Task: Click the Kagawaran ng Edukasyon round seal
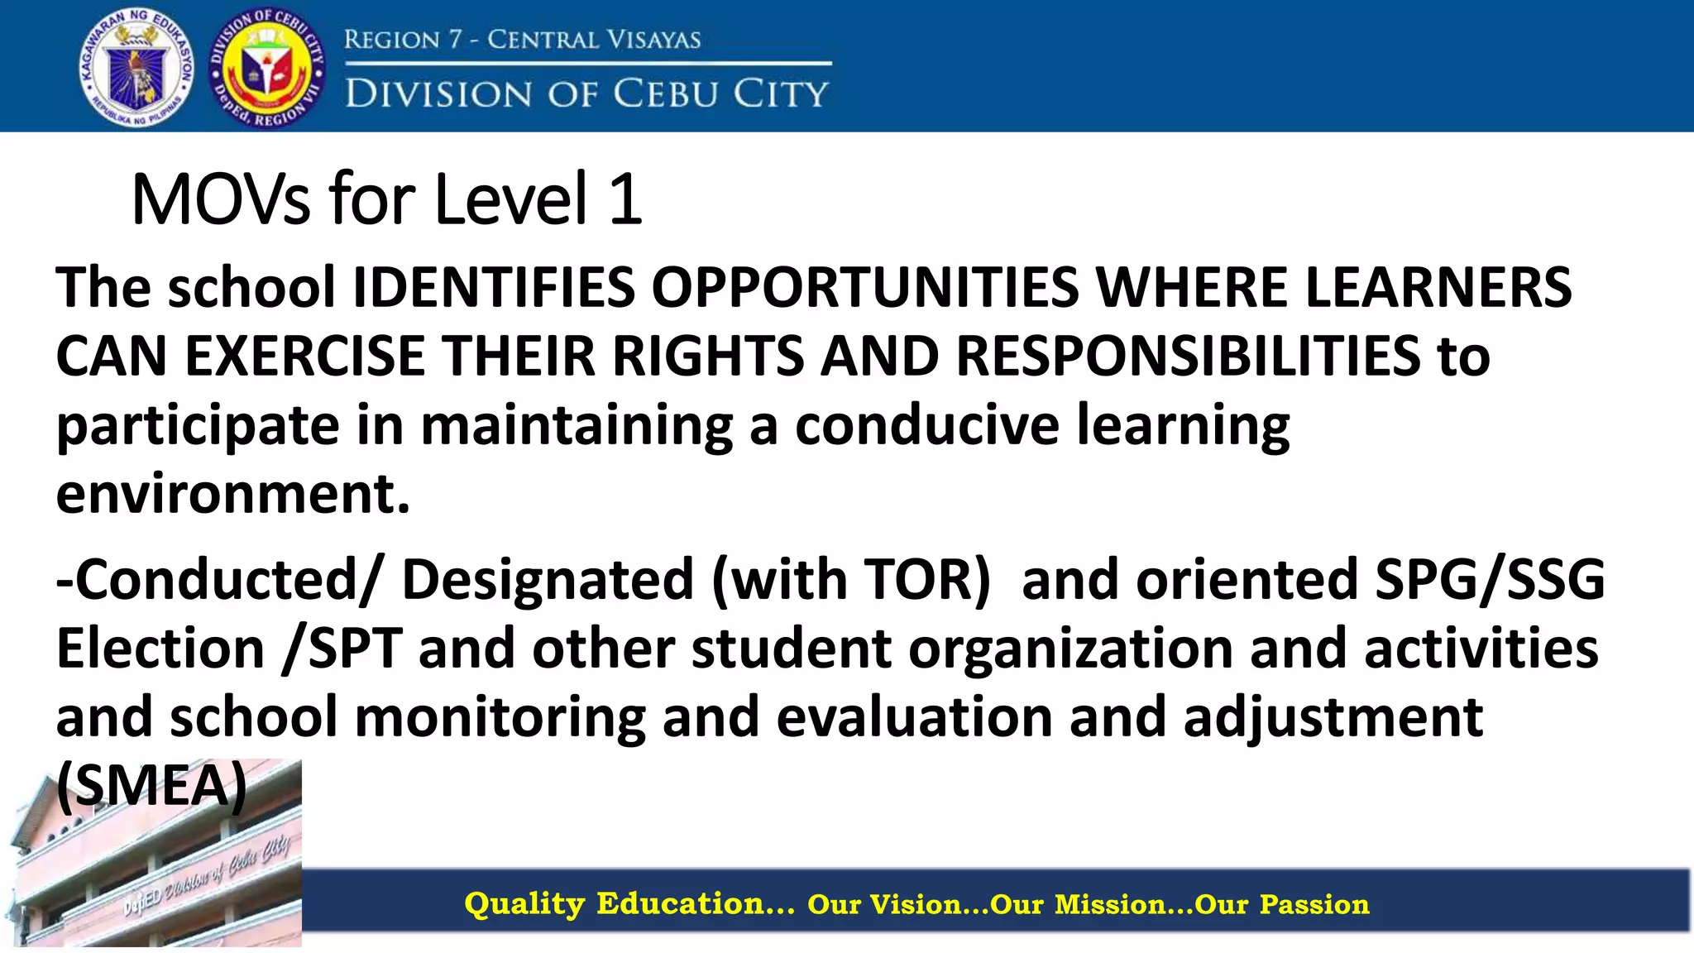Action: click(137, 68)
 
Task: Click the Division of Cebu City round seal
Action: click(268, 68)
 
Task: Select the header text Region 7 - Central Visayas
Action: click(522, 39)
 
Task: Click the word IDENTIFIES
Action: click(494, 288)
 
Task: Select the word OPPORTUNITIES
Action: click(864, 288)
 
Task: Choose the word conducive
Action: click(927, 425)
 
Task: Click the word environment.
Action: click(232, 494)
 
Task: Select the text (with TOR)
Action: click(851, 579)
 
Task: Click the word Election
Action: click(160, 648)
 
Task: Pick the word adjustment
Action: click(1333, 716)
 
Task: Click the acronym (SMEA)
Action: click(151, 785)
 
